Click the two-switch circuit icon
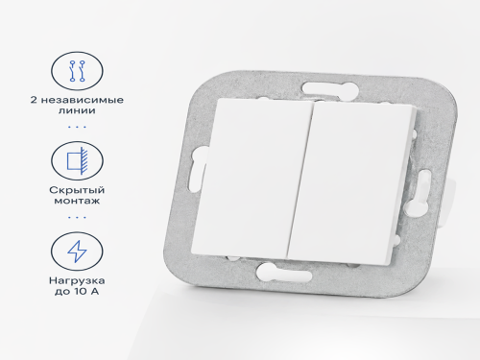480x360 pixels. coord(77,71)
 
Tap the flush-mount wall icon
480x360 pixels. coord(77,160)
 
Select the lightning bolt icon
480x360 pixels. coord(77,252)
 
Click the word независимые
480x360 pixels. coord(83,100)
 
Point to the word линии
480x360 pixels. coord(77,110)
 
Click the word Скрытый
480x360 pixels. coord(77,190)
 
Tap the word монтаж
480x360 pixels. coord(77,201)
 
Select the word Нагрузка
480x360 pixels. coord(77,280)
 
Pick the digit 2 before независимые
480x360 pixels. coord(34,100)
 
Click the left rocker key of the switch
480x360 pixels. coord(252,178)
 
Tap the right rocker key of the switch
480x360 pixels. coord(351,183)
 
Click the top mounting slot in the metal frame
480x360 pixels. coord(329,87)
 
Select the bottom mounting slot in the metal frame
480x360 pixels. coord(284,274)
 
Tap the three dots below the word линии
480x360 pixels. coord(77,127)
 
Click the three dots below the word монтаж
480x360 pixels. coord(77,218)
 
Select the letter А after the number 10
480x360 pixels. coord(94,292)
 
